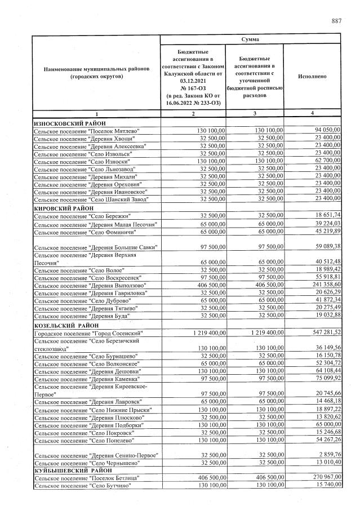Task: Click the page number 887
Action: [336, 21]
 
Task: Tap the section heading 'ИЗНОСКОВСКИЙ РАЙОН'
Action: [70, 123]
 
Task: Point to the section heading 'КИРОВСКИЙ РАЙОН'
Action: [64, 208]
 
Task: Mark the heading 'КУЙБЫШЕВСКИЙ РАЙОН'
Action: [73, 470]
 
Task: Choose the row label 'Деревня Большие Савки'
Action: [95, 247]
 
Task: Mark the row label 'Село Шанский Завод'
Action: [90, 199]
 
